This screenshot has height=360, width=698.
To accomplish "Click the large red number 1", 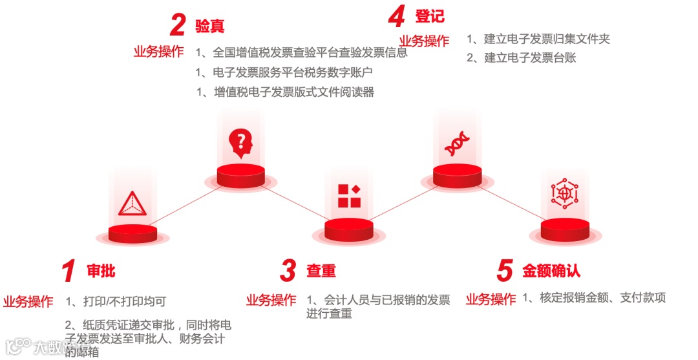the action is click(69, 271).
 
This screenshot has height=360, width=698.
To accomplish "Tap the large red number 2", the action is click(178, 26).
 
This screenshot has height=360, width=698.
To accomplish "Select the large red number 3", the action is click(288, 271).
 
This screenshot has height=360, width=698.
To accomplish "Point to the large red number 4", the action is click(396, 16).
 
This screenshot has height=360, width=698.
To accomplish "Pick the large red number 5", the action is click(505, 271).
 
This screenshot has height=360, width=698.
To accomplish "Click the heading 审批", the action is click(101, 271).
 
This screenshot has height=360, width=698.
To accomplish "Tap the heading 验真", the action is click(210, 26).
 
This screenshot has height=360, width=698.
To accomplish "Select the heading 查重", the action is click(321, 271).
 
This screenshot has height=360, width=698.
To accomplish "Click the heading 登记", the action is click(430, 16).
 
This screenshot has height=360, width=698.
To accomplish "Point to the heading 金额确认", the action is click(551, 271).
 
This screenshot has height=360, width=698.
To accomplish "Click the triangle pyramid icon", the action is click(132, 204).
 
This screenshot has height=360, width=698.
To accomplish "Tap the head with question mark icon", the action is click(240, 143).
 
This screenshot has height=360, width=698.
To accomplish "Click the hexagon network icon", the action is click(565, 193).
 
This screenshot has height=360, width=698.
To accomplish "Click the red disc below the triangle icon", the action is click(132, 233).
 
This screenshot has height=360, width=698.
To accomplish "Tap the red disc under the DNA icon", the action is click(457, 175).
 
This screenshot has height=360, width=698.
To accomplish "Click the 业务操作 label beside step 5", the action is click(491, 299).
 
